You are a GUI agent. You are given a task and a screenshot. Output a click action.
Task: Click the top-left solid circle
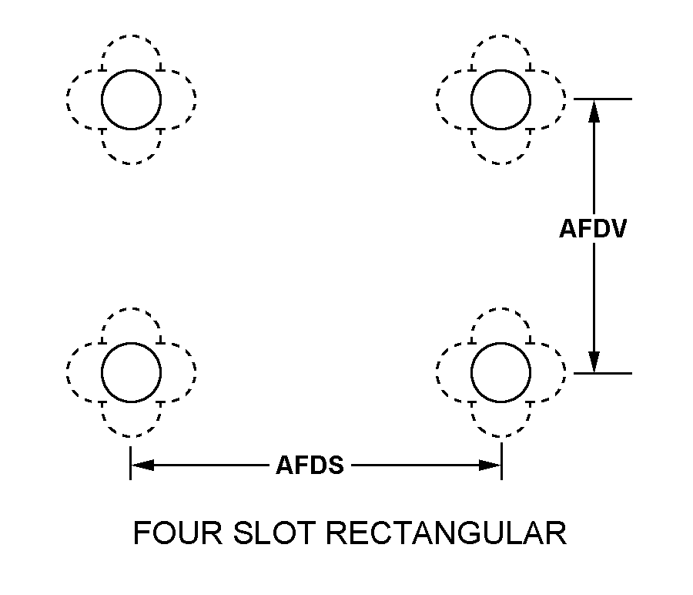[102, 99]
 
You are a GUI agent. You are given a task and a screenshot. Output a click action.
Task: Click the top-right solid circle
[471, 99]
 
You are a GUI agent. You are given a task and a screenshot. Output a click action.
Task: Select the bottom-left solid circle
[102, 372]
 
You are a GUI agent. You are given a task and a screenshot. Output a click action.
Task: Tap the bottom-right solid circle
[471, 372]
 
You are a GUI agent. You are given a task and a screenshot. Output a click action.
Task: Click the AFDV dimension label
[593, 229]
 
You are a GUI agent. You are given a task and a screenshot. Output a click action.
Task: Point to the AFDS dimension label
[310, 466]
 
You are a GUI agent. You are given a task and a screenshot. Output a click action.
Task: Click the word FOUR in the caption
[178, 533]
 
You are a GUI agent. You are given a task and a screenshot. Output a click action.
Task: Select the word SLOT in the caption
[274, 533]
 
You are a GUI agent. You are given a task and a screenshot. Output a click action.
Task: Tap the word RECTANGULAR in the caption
[446, 533]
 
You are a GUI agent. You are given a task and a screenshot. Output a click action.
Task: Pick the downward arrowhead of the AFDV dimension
[594, 362]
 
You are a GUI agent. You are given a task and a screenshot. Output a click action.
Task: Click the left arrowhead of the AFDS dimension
[142, 466]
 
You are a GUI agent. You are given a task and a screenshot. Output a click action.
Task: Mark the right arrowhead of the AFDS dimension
[490, 466]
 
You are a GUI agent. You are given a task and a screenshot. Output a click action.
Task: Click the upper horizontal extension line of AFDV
[603, 99]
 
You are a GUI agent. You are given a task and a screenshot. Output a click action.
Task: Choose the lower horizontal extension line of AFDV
[603, 373]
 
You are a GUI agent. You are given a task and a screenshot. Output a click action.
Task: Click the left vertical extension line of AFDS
[130, 462]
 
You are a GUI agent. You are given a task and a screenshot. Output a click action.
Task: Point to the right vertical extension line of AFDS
[501, 462]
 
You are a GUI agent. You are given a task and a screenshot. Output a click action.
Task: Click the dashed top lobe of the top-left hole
[131, 35]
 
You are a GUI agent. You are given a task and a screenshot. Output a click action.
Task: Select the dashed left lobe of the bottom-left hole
[68, 372]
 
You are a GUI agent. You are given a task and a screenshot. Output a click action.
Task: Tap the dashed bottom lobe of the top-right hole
[500, 163]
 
